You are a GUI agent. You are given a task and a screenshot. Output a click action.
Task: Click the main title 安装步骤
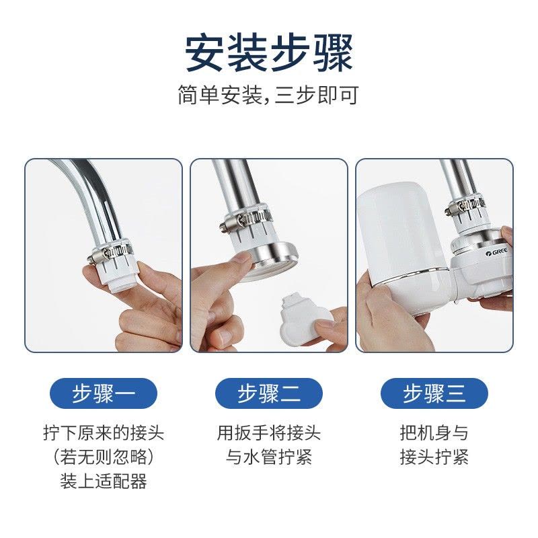(269, 53)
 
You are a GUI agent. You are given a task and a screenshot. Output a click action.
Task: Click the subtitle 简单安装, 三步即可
(268, 95)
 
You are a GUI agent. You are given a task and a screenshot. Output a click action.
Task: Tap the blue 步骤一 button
(104, 393)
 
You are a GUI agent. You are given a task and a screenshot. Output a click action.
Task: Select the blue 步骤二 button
(269, 393)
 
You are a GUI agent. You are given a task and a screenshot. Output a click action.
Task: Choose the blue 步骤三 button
(434, 393)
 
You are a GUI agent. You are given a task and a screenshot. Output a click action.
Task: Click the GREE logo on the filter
(496, 253)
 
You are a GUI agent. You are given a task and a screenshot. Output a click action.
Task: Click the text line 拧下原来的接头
(104, 432)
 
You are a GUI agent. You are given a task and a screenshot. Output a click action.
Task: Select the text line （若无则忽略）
(104, 457)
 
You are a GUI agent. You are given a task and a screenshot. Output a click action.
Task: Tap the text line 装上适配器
(104, 481)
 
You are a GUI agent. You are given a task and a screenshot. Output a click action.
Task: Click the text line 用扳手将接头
(269, 432)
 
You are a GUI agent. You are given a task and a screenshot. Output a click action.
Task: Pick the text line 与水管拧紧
(269, 457)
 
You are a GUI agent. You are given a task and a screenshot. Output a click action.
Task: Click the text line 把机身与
(434, 432)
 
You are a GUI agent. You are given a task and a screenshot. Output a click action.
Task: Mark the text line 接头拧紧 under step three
(434, 457)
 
